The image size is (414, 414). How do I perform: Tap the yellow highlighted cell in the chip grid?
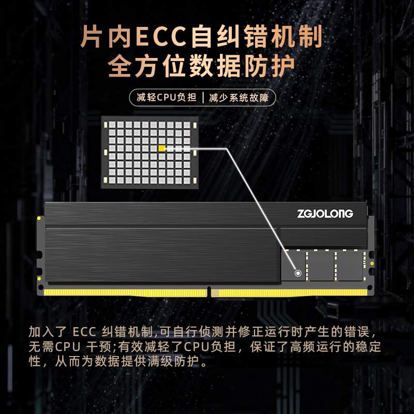162,149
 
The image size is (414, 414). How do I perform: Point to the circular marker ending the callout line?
298,273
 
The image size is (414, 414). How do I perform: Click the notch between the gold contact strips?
212,292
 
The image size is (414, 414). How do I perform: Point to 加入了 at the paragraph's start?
48,332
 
